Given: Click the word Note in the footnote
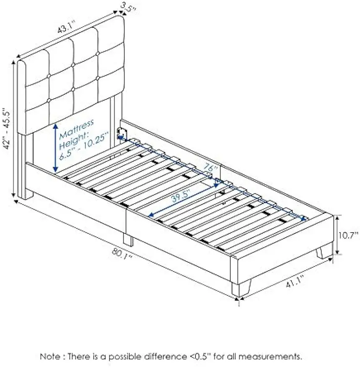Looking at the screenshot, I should click(49, 357).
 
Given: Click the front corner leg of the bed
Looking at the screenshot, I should click(240, 288).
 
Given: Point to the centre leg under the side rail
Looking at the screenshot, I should click(128, 239).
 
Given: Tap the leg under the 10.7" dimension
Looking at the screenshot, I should click(324, 252).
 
